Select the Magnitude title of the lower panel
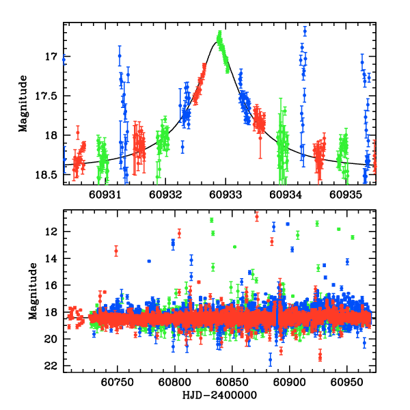tap(32, 292)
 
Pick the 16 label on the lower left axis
tap(51, 285)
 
